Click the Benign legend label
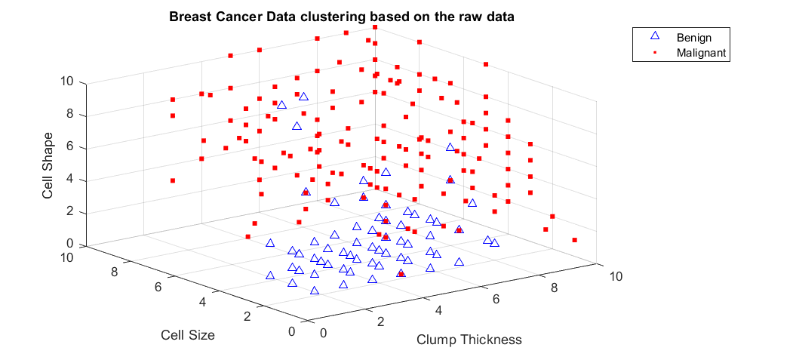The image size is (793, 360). pos(693,37)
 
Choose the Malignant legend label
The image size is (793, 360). pos(701,52)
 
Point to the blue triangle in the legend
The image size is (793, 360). pos(655,36)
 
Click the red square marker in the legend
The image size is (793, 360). pos(655,52)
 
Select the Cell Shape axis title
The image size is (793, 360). pos(48,167)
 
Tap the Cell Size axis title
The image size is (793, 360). pos(187,335)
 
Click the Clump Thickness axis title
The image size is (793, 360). pos(469,339)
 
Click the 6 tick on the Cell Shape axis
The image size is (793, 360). pos(72,147)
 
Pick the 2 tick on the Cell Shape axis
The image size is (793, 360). pos(72,212)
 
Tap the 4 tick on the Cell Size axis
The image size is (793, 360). pos(202,302)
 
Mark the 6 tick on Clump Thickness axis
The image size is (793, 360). pos(496,300)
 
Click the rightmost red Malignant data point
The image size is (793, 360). pos(575,240)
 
